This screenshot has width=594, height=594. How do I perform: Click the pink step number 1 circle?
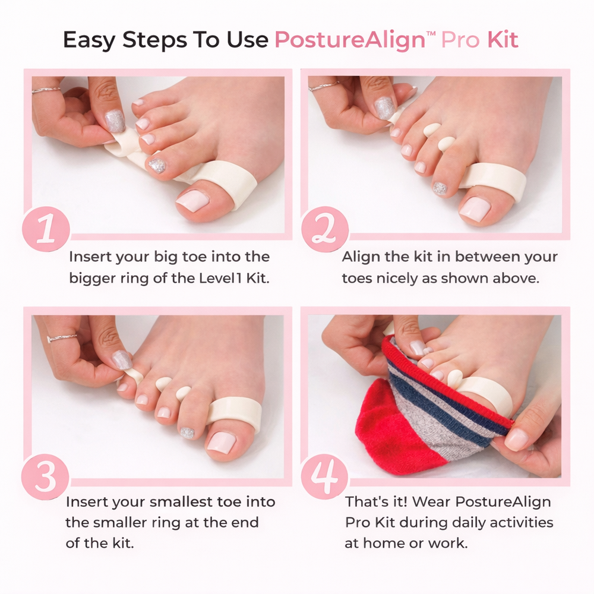[46, 229]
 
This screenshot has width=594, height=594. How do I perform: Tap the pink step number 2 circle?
[325, 229]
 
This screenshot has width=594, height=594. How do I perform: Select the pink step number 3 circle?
[46, 477]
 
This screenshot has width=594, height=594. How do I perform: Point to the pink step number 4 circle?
[325, 477]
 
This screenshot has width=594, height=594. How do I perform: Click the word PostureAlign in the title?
[350, 40]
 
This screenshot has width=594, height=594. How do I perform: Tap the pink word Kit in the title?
[503, 39]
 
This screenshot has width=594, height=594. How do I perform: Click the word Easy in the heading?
[89, 40]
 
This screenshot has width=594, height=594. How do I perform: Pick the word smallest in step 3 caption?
[181, 501]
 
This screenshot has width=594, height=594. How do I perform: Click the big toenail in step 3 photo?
[222, 442]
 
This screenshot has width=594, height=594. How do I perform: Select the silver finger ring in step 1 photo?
[46, 90]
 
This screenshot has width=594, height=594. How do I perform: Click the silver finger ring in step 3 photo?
[62, 337]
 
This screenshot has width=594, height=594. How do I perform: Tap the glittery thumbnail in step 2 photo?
[383, 108]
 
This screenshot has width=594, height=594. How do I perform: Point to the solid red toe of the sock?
[383, 424]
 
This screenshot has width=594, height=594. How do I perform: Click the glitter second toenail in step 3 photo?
[187, 432]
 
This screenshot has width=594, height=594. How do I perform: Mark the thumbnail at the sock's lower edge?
[516, 440]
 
